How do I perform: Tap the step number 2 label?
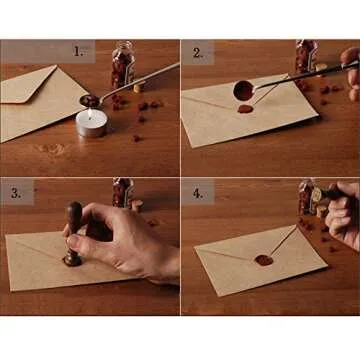[x=197, y=53]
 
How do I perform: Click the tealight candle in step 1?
[x=91, y=122]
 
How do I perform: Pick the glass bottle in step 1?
[x=121, y=66]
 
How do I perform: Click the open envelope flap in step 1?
[x=30, y=85]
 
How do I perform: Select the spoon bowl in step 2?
[x=242, y=88]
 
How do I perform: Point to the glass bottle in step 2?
[x=304, y=58]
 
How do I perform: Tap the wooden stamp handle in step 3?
[x=73, y=222]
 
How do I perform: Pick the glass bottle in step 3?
[x=122, y=191]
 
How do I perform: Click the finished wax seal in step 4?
[x=264, y=260]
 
